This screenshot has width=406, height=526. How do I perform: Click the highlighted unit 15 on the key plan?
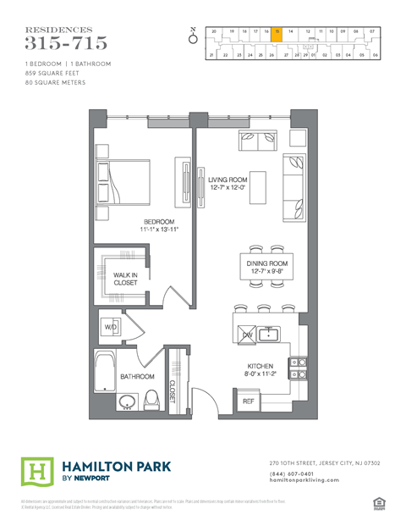277,31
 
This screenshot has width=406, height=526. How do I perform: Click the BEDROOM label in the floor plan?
135,222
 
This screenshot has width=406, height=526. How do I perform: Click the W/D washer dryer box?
110,326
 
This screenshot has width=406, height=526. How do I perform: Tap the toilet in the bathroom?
153,399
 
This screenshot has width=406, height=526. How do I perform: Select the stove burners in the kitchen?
298,368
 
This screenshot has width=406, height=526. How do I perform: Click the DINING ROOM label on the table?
266,268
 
